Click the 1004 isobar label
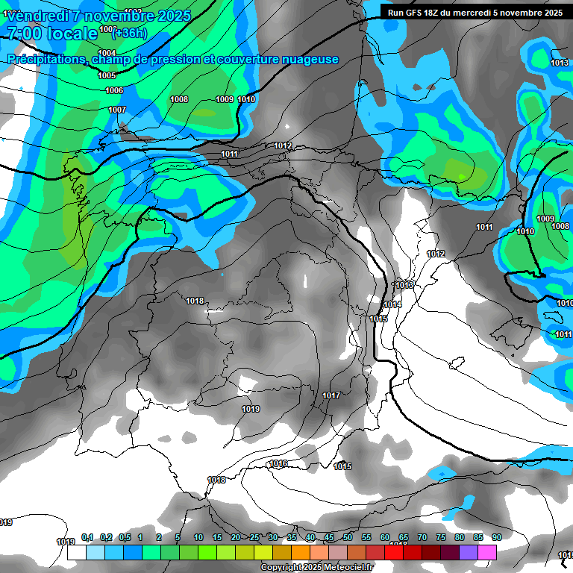pyautogui.click(x=107, y=53)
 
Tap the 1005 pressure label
pyautogui.click(x=107, y=76)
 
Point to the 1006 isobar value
pyautogui.click(x=114, y=91)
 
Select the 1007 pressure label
pyautogui.click(x=117, y=110)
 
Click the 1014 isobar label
pyautogui.click(x=392, y=305)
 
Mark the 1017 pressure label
pyautogui.click(x=331, y=395)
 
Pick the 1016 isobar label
pyautogui.click(x=278, y=464)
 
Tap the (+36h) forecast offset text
pyautogui.click(x=129, y=32)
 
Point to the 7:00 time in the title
pyautogui.click(x=22, y=34)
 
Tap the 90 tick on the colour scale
pyautogui.click(x=496, y=537)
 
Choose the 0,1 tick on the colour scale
pyautogui.click(x=87, y=537)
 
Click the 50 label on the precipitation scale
pyautogui.click(x=348, y=537)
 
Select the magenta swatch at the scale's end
pyautogui.click(x=487, y=553)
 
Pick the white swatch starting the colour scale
pyautogui.click(x=76, y=553)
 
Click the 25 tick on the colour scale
pyautogui.click(x=254, y=537)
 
